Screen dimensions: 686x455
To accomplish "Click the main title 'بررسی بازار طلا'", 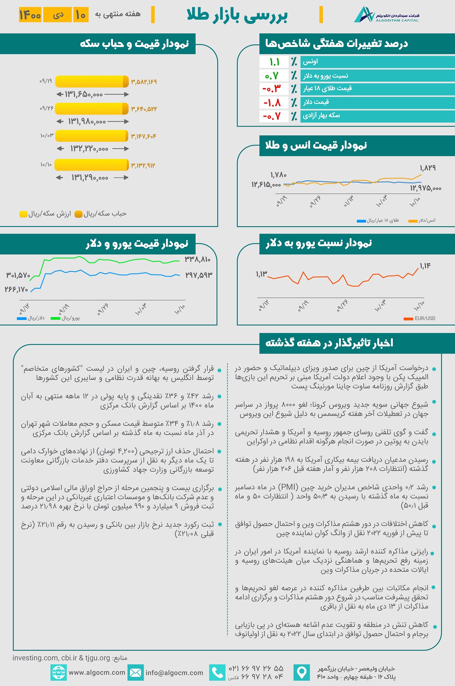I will click(x=237, y=15).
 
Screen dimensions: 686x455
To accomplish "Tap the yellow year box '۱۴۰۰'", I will click(x=30, y=15).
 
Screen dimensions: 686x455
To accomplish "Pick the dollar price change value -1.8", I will click(x=272, y=102).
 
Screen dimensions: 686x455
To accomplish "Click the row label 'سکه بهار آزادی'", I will click(x=321, y=115).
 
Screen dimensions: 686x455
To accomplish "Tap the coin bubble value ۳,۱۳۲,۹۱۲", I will click(x=143, y=165).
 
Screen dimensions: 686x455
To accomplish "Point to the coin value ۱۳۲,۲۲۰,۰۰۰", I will click(x=89, y=149).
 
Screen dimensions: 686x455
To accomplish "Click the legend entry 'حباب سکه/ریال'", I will click(x=101, y=214).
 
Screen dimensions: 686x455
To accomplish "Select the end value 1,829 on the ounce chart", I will click(x=427, y=168).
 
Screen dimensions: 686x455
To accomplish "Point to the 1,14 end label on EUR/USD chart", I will click(x=425, y=266).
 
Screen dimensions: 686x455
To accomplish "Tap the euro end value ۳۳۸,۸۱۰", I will click(x=198, y=259).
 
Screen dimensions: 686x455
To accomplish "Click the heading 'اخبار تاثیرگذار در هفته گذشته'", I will click(x=329, y=343).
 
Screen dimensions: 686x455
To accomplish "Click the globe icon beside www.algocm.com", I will click(x=58, y=673).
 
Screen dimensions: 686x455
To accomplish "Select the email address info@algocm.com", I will click(x=174, y=673).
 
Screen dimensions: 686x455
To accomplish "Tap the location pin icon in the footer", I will click(x=301, y=673).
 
